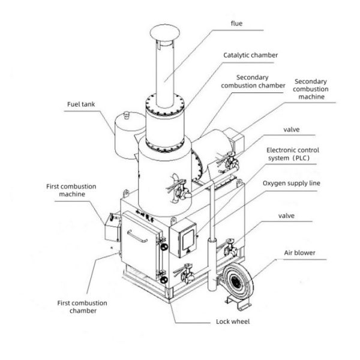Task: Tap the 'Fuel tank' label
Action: pos(80,103)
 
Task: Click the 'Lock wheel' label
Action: pos(233,322)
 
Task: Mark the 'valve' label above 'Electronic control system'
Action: pos(291,129)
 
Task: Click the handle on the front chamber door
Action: pos(138,240)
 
